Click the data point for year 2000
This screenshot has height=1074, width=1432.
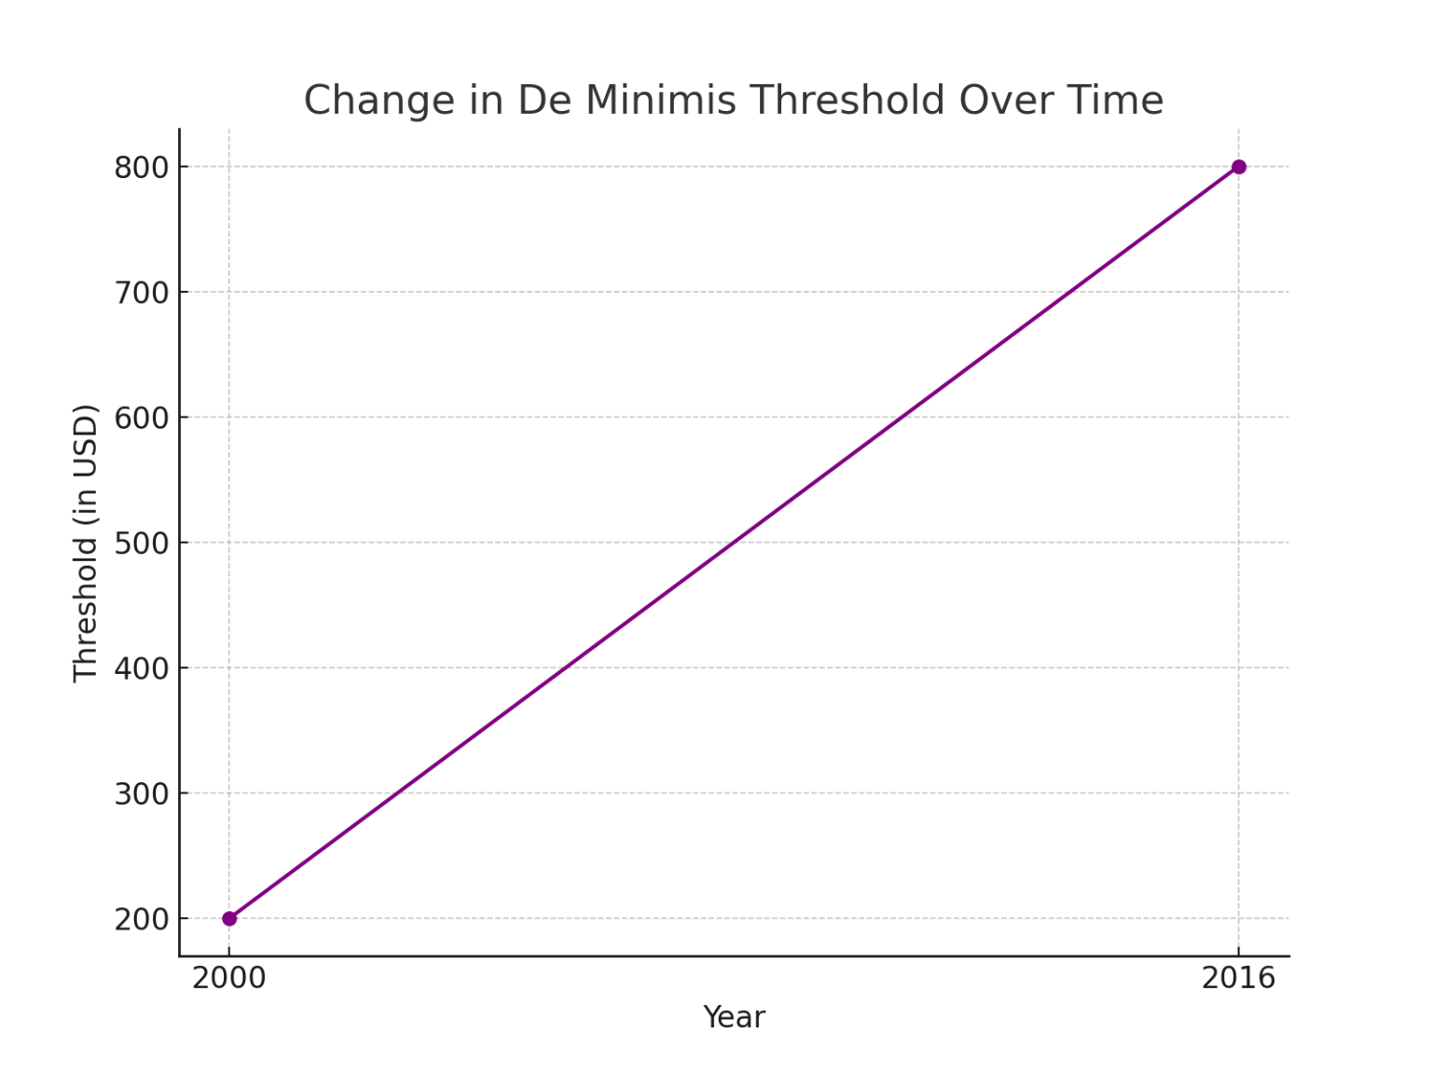[229, 918]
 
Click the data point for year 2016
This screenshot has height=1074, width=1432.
[1238, 167]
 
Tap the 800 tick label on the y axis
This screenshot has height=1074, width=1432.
[142, 168]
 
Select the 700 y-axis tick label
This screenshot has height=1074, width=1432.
[142, 293]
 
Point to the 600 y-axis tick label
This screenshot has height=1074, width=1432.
[142, 418]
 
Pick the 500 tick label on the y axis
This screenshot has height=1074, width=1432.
[142, 544]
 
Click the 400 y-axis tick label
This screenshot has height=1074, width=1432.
[142, 668]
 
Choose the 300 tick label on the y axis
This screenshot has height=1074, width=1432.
[142, 794]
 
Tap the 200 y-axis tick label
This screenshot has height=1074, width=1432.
[142, 919]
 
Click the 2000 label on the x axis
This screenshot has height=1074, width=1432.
[229, 979]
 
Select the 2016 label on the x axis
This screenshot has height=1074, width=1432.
[1238, 979]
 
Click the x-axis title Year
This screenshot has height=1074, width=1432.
[734, 1017]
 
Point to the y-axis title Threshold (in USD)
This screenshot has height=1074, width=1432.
[86, 544]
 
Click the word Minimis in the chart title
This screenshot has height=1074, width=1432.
[660, 101]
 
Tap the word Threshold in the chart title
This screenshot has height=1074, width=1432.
[847, 101]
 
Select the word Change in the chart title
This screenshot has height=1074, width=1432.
[379, 101]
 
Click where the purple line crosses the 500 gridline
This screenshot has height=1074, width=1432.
[734, 543]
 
